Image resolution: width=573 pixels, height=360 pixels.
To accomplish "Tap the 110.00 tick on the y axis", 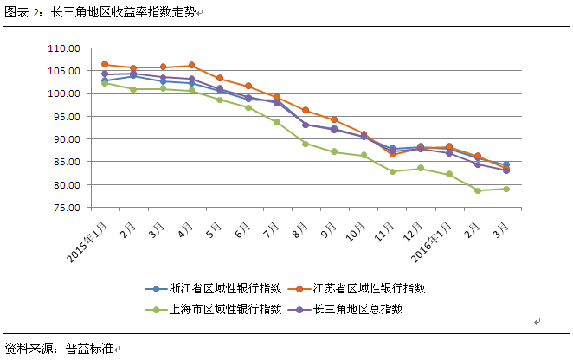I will (65, 48).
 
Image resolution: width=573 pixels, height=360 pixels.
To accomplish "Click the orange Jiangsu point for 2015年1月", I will (105, 64).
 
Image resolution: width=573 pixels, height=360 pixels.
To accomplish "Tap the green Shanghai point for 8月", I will (306, 144).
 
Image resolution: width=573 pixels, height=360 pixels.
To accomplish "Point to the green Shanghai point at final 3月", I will (505, 189).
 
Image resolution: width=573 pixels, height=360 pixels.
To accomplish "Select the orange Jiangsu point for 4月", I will (191, 65).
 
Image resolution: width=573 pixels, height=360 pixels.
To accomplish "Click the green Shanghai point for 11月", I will (392, 171).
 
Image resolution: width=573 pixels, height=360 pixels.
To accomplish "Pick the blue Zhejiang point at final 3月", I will (505, 164).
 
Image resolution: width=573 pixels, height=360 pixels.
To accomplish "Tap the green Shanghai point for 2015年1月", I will (105, 83).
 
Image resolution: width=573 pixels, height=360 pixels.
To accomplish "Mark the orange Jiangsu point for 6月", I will (248, 86).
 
